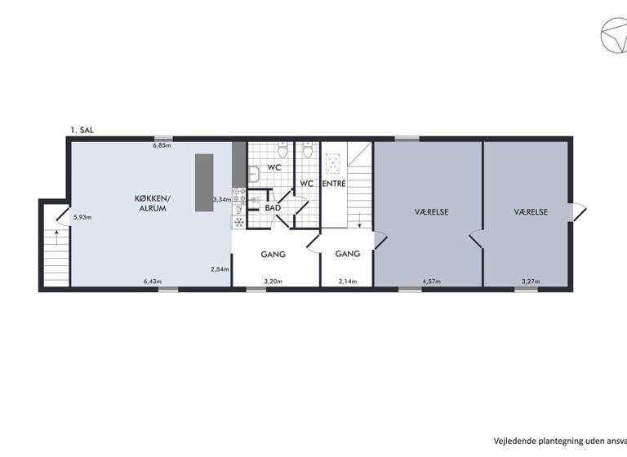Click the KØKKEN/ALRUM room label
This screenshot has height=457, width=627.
153,203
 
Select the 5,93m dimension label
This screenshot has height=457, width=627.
82,217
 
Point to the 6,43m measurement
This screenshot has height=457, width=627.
152,282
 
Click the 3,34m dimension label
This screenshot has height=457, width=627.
220,199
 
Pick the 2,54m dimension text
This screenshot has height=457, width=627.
219,269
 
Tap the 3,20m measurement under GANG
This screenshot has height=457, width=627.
273,282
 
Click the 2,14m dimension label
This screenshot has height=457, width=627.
348,282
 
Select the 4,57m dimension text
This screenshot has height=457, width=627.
431,282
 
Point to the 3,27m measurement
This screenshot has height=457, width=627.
531,282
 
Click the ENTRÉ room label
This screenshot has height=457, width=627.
335,184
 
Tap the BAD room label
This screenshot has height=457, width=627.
273,208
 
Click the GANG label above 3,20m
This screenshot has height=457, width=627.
273,254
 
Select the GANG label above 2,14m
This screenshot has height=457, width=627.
348,254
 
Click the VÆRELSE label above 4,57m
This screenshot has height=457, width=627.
431,211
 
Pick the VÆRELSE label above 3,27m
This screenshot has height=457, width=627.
531,211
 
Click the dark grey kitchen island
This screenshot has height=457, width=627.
203,184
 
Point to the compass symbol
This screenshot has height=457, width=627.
609,39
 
